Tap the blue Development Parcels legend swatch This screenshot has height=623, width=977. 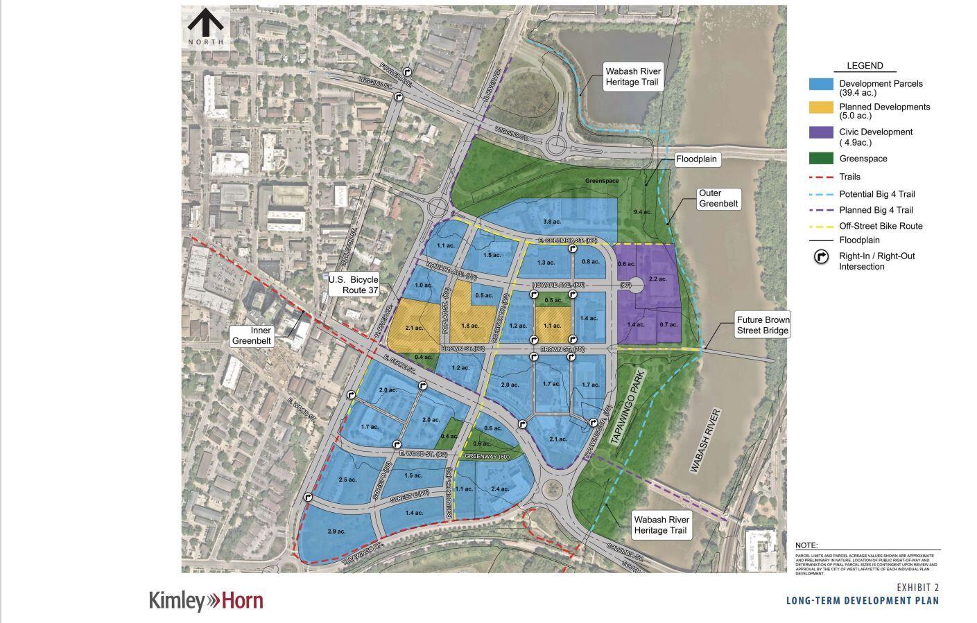coord(821,83)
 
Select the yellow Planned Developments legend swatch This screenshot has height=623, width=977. coord(821,107)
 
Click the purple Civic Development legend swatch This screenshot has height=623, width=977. coord(821,132)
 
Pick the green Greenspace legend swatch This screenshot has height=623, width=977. coord(821,159)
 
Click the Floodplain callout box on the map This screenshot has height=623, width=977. coord(697,159)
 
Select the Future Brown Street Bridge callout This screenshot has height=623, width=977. coord(763,325)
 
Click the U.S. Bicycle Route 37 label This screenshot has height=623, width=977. coord(354,285)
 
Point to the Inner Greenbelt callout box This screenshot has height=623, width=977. coord(252,335)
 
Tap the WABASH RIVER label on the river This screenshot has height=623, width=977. coord(704,441)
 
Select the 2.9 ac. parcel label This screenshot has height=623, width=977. coord(337,532)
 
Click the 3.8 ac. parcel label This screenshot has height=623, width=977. coord(551,222)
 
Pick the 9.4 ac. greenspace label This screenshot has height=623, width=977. coord(642,212)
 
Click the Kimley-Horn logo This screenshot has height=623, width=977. coord(206,600)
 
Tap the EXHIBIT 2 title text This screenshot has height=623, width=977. coord(917,588)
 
